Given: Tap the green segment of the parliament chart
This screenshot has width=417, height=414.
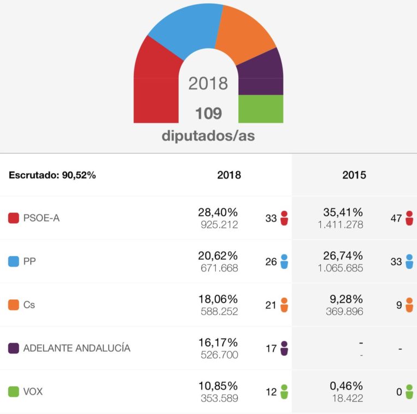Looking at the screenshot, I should pyautogui.click(x=261, y=109).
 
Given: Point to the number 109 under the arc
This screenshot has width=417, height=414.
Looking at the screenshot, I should pyautogui.click(x=208, y=114).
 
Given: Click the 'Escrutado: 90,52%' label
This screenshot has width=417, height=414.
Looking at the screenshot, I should pyautogui.click(x=52, y=175).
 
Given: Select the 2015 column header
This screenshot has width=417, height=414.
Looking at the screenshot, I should pyautogui.click(x=354, y=175).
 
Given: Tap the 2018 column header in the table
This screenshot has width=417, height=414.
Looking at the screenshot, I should pyautogui.click(x=229, y=175).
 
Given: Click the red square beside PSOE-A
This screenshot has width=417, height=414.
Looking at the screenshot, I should pyautogui.click(x=14, y=218).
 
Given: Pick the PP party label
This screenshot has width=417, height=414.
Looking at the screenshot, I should pyautogui.click(x=30, y=262).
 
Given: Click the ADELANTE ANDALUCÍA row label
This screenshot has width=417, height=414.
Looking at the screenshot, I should pyautogui.click(x=77, y=348).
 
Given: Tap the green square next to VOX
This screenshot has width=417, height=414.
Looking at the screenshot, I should pyautogui.click(x=14, y=392).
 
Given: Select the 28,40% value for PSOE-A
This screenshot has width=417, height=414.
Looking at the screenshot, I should pyautogui.click(x=218, y=212).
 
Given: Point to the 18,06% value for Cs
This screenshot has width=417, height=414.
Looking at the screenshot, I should pyautogui.click(x=218, y=299).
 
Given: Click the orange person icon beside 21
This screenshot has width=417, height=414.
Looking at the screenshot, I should pyautogui.click(x=284, y=305).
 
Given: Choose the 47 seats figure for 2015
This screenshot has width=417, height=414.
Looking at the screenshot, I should pyautogui.click(x=396, y=218).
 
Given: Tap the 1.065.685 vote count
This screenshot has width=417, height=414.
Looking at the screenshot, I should pyautogui.click(x=340, y=268).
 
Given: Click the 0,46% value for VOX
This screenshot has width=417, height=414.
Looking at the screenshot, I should pyautogui.click(x=346, y=386).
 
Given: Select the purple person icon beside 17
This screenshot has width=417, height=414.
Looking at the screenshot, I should pyautogui.click(x=284, y=348).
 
